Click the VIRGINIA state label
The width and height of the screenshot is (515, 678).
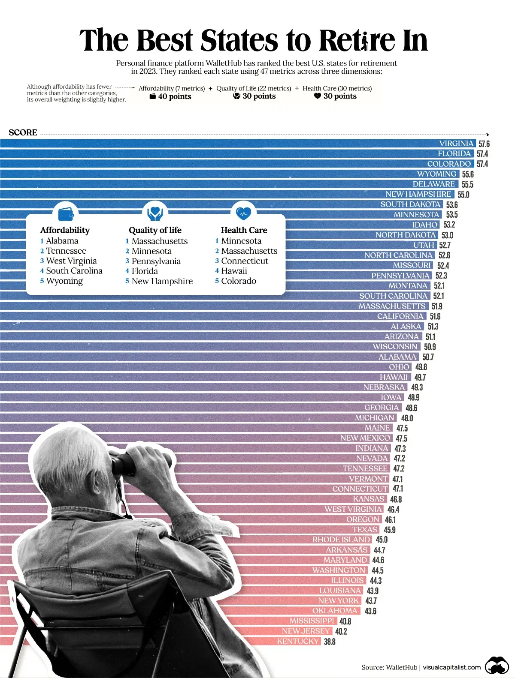click(456, 144)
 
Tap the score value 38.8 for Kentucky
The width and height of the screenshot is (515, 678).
click(330, 642)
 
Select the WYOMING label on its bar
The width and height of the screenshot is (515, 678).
click(436, 174)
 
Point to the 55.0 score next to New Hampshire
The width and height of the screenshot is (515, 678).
click(463, 195)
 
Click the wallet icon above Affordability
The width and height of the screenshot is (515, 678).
click(65, 213)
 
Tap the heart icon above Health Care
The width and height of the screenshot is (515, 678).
click(243, 212)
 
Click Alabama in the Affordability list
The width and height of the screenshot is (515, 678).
click(62, 241)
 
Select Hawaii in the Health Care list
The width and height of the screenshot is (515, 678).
click(234, 271)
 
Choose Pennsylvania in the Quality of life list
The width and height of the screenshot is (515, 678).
click(156, 261)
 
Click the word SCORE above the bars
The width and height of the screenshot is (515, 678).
click(23, 132)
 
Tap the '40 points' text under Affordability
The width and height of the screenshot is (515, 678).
click(174, 96)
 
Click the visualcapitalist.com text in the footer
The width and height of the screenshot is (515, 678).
click(451, 667)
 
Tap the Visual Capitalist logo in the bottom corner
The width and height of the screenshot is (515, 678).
click(497, 666)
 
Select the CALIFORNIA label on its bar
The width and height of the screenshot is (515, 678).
click(400, 316)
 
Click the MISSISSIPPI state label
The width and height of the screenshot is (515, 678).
click(312, 621)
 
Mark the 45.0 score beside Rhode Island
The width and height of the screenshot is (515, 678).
click(381, 540)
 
